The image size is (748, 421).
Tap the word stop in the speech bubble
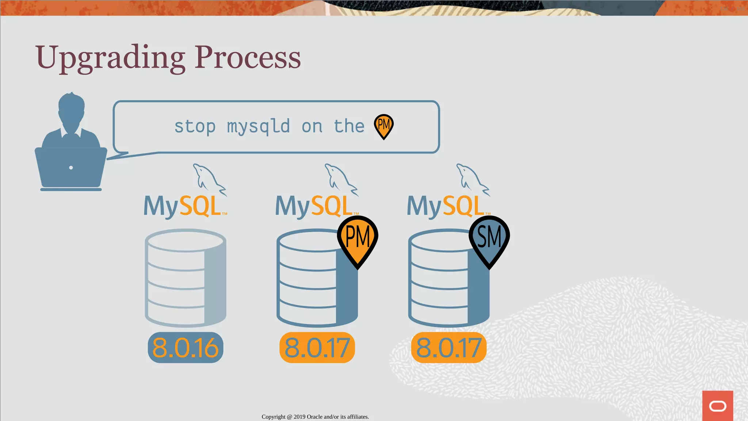coord(195,126)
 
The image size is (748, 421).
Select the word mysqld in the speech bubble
coord(258,126)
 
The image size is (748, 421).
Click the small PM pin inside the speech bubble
coord(383,126)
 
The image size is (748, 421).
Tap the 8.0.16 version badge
coord(186,348)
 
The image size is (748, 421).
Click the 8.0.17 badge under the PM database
coord(317,348)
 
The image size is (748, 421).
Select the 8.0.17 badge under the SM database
coord(449,348)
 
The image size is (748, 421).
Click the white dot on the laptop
coord(71,168)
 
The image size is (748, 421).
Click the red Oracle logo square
coord(717,406)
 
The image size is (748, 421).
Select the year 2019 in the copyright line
coord(299,417)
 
